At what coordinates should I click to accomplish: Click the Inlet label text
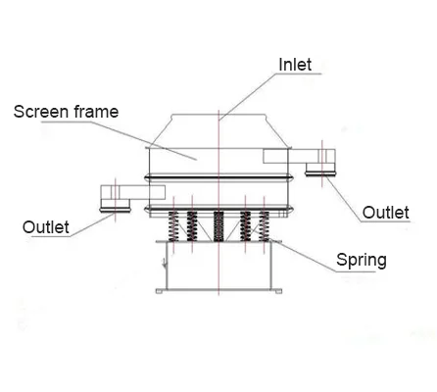coord(295,65)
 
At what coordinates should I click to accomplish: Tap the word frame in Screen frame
coord(96,112)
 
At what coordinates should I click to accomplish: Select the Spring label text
coord(362,261)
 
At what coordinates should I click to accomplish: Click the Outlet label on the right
coord(386,213)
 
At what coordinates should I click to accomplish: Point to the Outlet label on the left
coord(46,227)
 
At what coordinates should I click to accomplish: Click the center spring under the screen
coord(218,226)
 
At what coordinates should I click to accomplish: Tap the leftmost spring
coord(173,226)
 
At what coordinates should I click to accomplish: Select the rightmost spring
coord(264,226)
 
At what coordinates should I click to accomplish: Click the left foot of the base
coord(159,291)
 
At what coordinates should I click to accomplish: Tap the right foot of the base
coord(278,291)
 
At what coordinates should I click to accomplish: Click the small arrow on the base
coord(165,264)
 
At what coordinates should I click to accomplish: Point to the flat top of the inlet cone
coord(218,115)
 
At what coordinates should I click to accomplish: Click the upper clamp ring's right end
coord(291,177)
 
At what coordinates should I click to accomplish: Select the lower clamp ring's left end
coord(148,209)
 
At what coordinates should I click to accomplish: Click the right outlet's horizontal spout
coord(299,156)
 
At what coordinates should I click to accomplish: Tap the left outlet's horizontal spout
coord(132,192)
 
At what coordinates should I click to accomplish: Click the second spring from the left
coord(192,226)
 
